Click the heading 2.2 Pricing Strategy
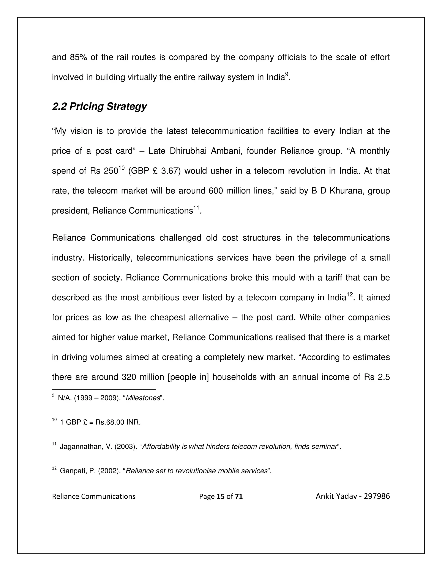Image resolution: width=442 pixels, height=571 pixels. click(x=99, y=107)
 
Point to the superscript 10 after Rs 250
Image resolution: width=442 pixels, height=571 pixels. click(x=121, y=168)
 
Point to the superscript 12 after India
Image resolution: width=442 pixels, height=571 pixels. click(x=350, y=294)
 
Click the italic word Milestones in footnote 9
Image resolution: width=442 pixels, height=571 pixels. click(x=143, y=398)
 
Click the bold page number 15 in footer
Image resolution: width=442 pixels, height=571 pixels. click(x=221, y=496)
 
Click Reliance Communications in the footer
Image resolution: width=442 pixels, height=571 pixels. click(x=93, y=496)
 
